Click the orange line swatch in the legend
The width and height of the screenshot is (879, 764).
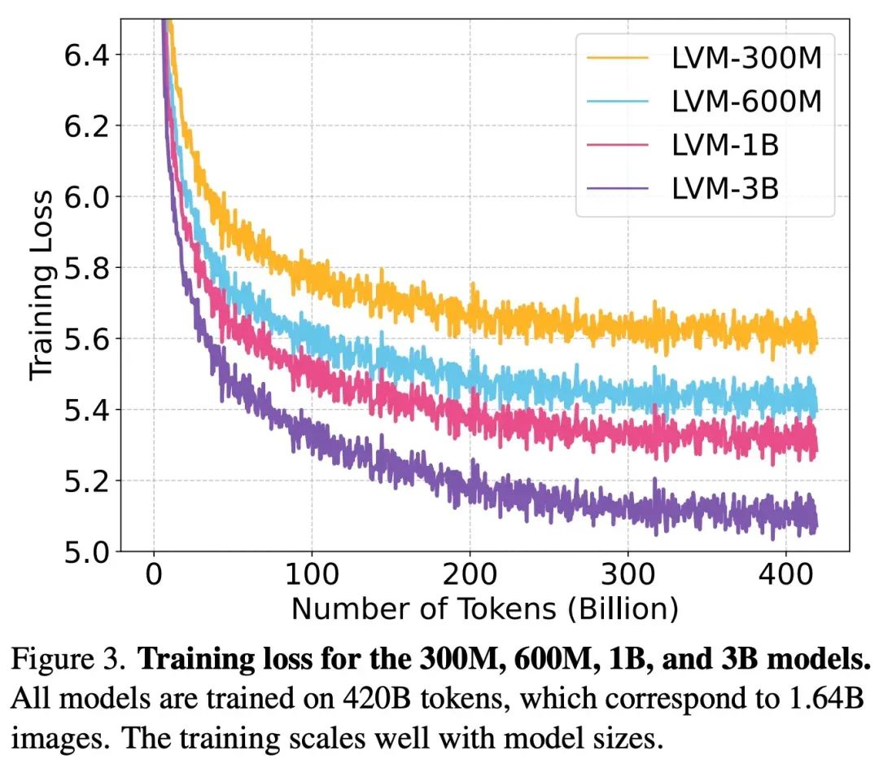click(618, 59)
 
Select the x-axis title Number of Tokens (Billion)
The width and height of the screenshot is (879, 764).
click(484, 609)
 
